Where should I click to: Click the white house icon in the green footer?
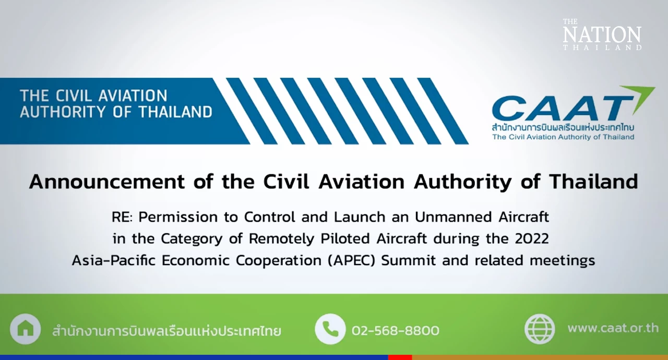click(x=26, y=329)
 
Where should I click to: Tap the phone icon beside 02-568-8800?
click(x=330, y=329)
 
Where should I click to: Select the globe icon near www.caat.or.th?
click(x=540, y=329)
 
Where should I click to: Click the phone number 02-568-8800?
click(x=396, y=330)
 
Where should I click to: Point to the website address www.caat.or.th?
click(x=613, y=328)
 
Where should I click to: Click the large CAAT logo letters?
click(x=562, y=108)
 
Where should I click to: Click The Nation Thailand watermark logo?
click(x=602, y=34)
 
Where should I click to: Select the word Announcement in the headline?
click(x=107, y=182)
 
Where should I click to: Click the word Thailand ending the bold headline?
click(x=593, y=181)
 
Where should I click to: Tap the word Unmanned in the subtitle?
click(x=453, y=217)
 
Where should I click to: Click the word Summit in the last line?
click(x=408, y=260)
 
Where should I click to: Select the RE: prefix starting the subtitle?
click(x=122, y=217)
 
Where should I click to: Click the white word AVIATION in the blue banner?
click(x=133, y=95)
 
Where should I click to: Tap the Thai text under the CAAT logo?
click(x=563, y=127)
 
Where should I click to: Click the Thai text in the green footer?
click(x=166, y=331)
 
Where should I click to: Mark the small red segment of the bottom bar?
click(x=400, y=357)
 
